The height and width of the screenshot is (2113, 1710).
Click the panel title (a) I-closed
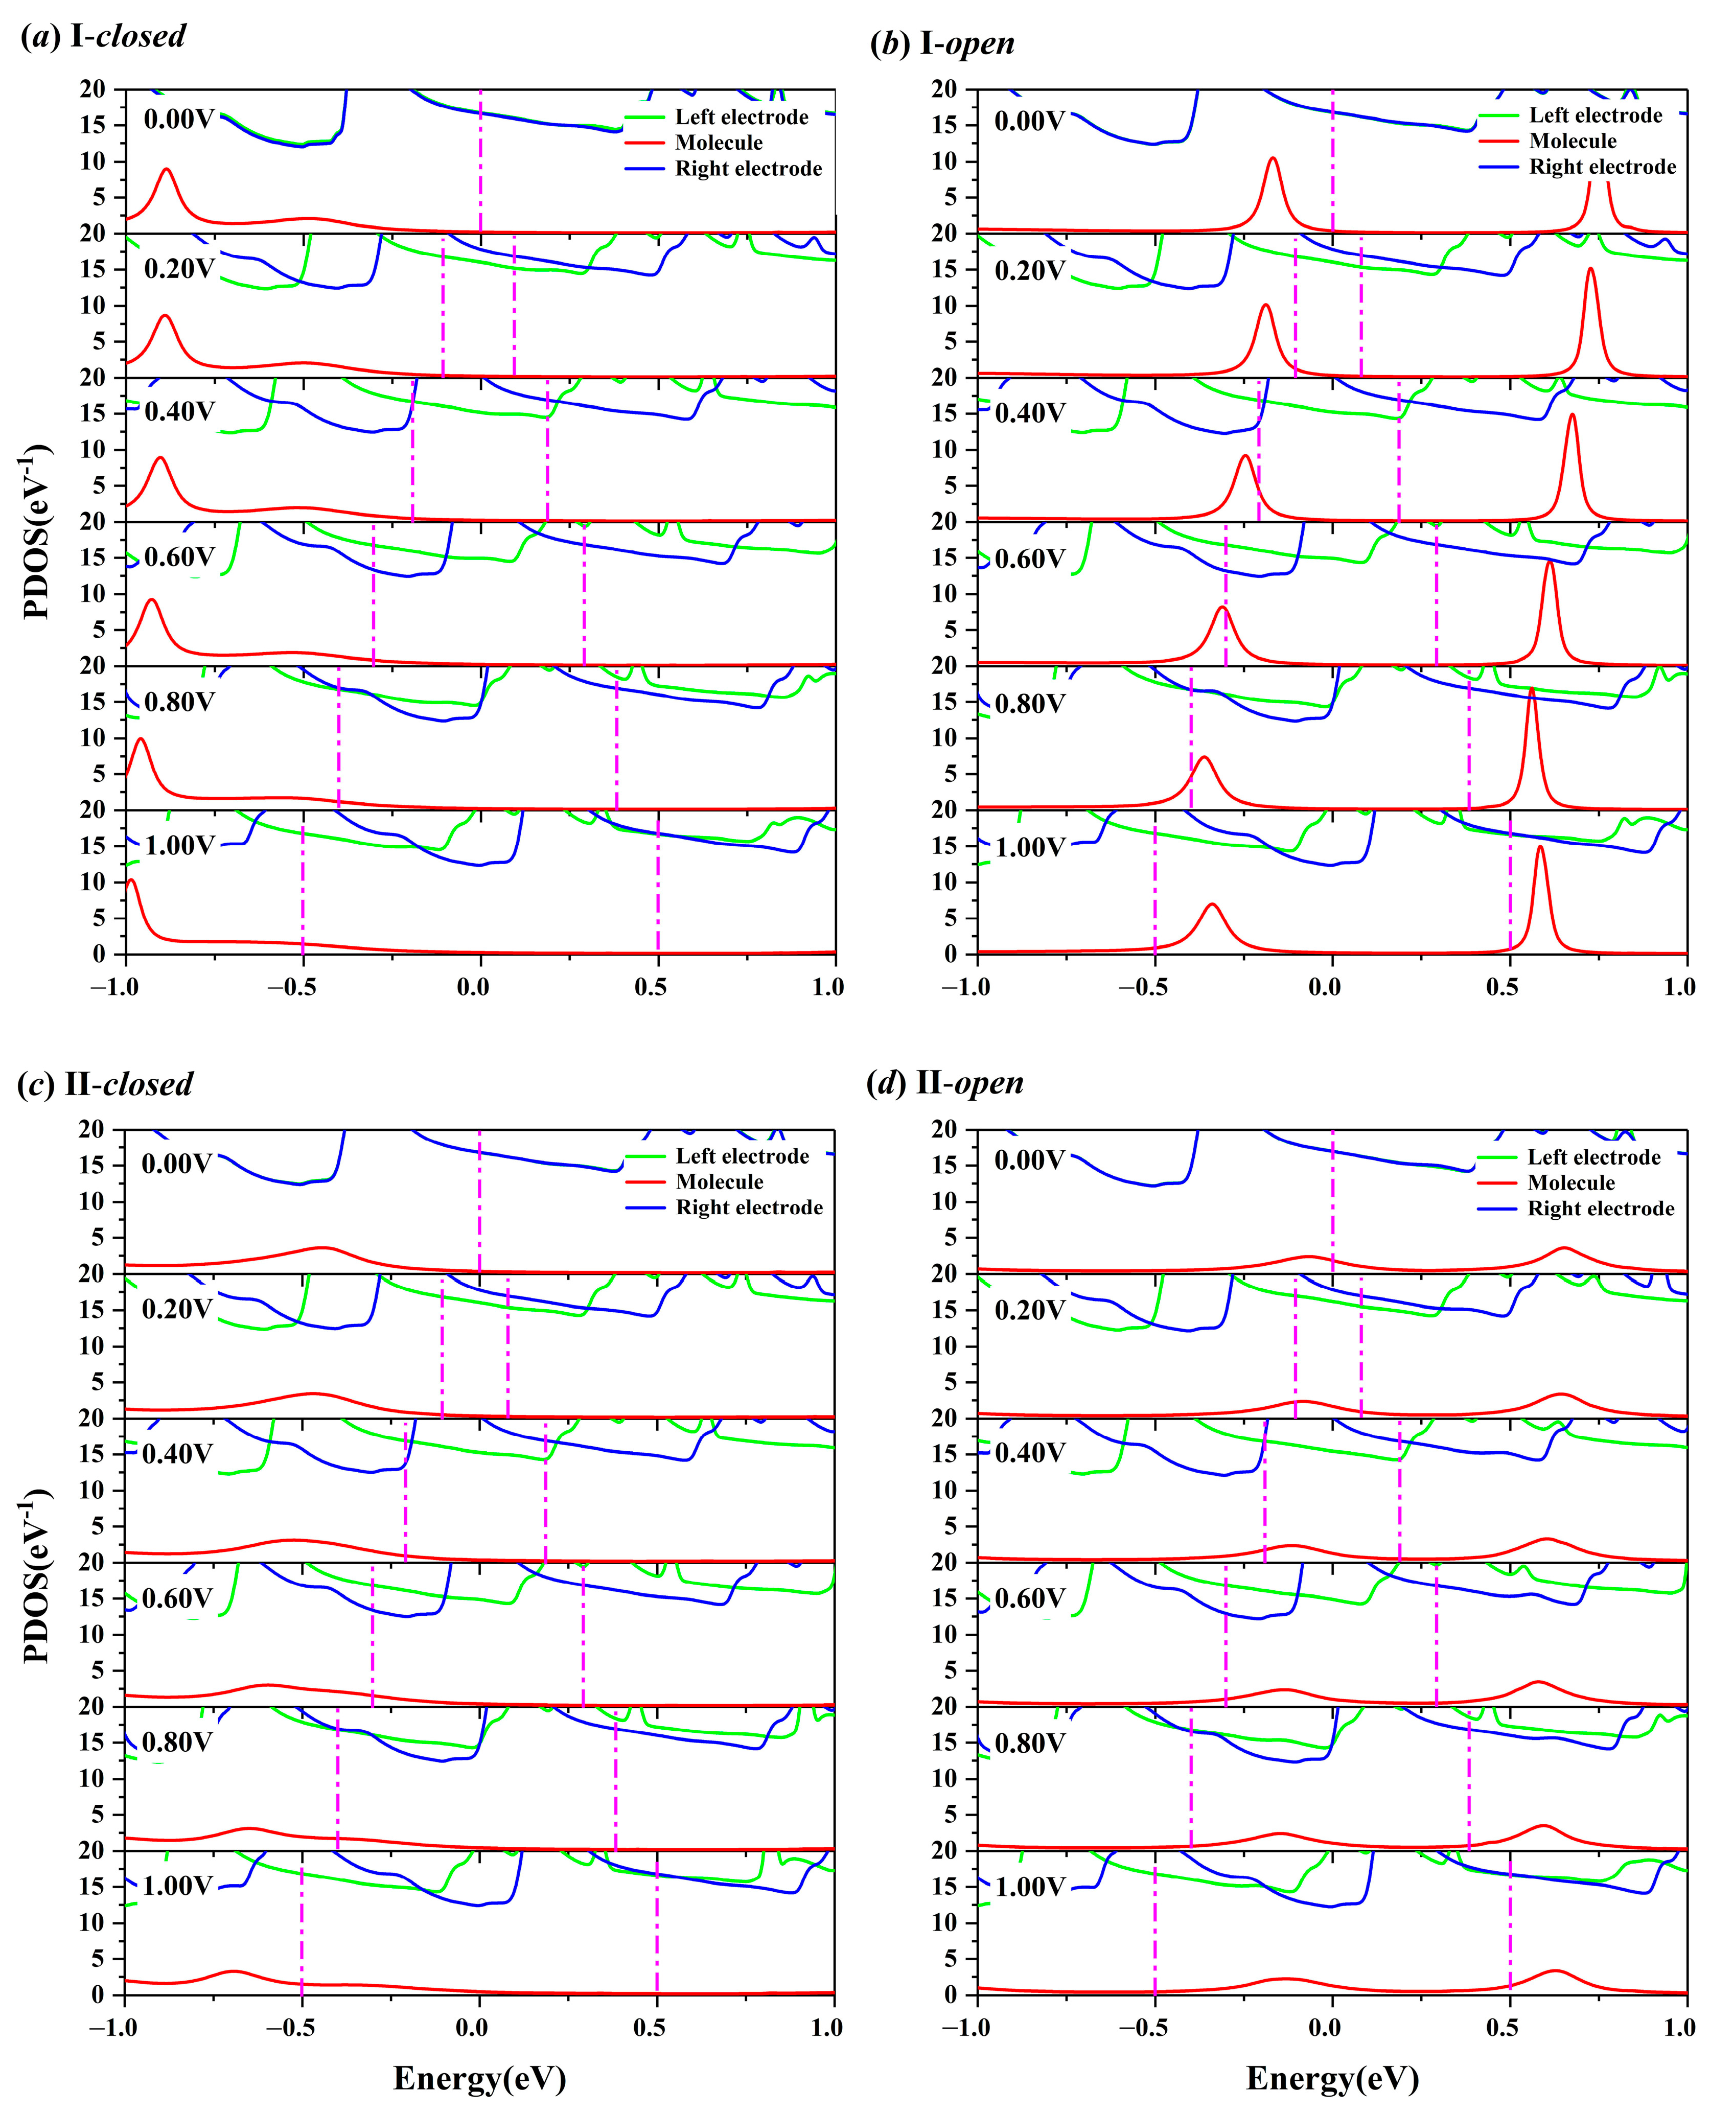(x=103, y=36)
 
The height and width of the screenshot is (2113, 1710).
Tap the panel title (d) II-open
(x=945, y=1084)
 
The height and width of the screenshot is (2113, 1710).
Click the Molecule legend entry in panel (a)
(x=718, y=143)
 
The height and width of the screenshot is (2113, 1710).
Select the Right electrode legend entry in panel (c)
(x=749, y=1208)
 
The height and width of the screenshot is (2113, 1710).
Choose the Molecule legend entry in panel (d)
(x=1571, y=1183)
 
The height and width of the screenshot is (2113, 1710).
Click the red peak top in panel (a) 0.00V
(x=167, y=170)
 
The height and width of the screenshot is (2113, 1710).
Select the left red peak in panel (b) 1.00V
(x=1213, y=904)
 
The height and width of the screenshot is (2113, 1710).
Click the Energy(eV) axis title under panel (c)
(x=480, y=2079)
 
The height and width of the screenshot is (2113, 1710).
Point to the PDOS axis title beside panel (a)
(x=36, y=532)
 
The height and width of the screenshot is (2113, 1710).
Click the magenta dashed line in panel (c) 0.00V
(x=480, y=1202)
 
